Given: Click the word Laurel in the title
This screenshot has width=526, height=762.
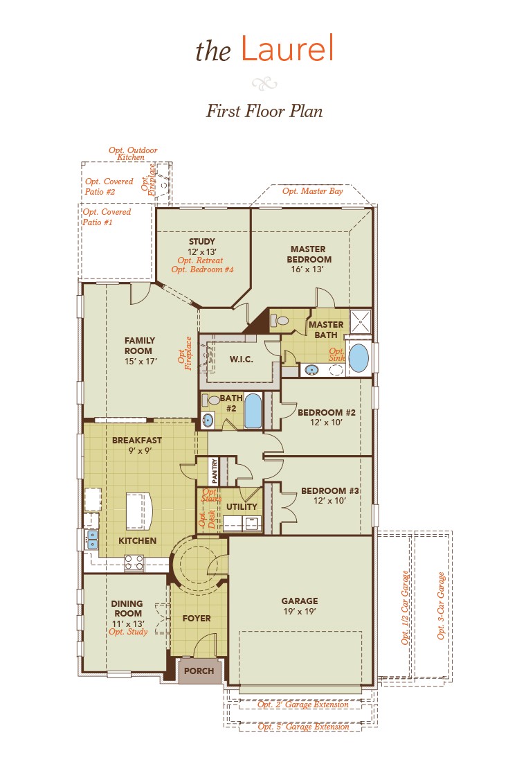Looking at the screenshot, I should tap(287, 49).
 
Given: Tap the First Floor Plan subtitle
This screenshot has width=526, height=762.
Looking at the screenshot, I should tap(264, 111).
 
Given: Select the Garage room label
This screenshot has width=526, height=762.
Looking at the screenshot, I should tap(299, 601).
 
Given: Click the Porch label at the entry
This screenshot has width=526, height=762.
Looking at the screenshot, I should tap(198, 671).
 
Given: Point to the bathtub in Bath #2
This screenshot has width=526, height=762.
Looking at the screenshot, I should tap(253, 411).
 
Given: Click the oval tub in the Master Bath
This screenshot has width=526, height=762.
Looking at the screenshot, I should tap(359, 358).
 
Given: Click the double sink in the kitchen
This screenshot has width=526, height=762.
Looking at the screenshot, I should tap(91, 538).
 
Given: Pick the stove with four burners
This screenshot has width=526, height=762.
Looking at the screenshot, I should tap(134, 562).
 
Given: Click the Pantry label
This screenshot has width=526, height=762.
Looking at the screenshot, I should tap(215, 471).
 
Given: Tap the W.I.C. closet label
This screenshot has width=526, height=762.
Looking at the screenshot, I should tap(241, 360).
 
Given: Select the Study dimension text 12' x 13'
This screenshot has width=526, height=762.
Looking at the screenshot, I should tap(202, 251).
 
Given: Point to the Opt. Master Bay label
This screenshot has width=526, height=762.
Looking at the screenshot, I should tap(312, 191).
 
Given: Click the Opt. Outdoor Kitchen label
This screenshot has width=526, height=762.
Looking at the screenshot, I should tap(133, 154).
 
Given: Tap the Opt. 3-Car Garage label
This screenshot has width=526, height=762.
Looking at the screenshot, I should tap(441, 605).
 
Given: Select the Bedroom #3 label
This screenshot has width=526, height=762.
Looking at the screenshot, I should tap(329, 491).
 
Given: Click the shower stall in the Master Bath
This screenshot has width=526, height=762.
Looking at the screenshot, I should tap(360, 321).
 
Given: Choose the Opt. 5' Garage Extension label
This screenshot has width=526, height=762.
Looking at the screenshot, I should tap(303, 727).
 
